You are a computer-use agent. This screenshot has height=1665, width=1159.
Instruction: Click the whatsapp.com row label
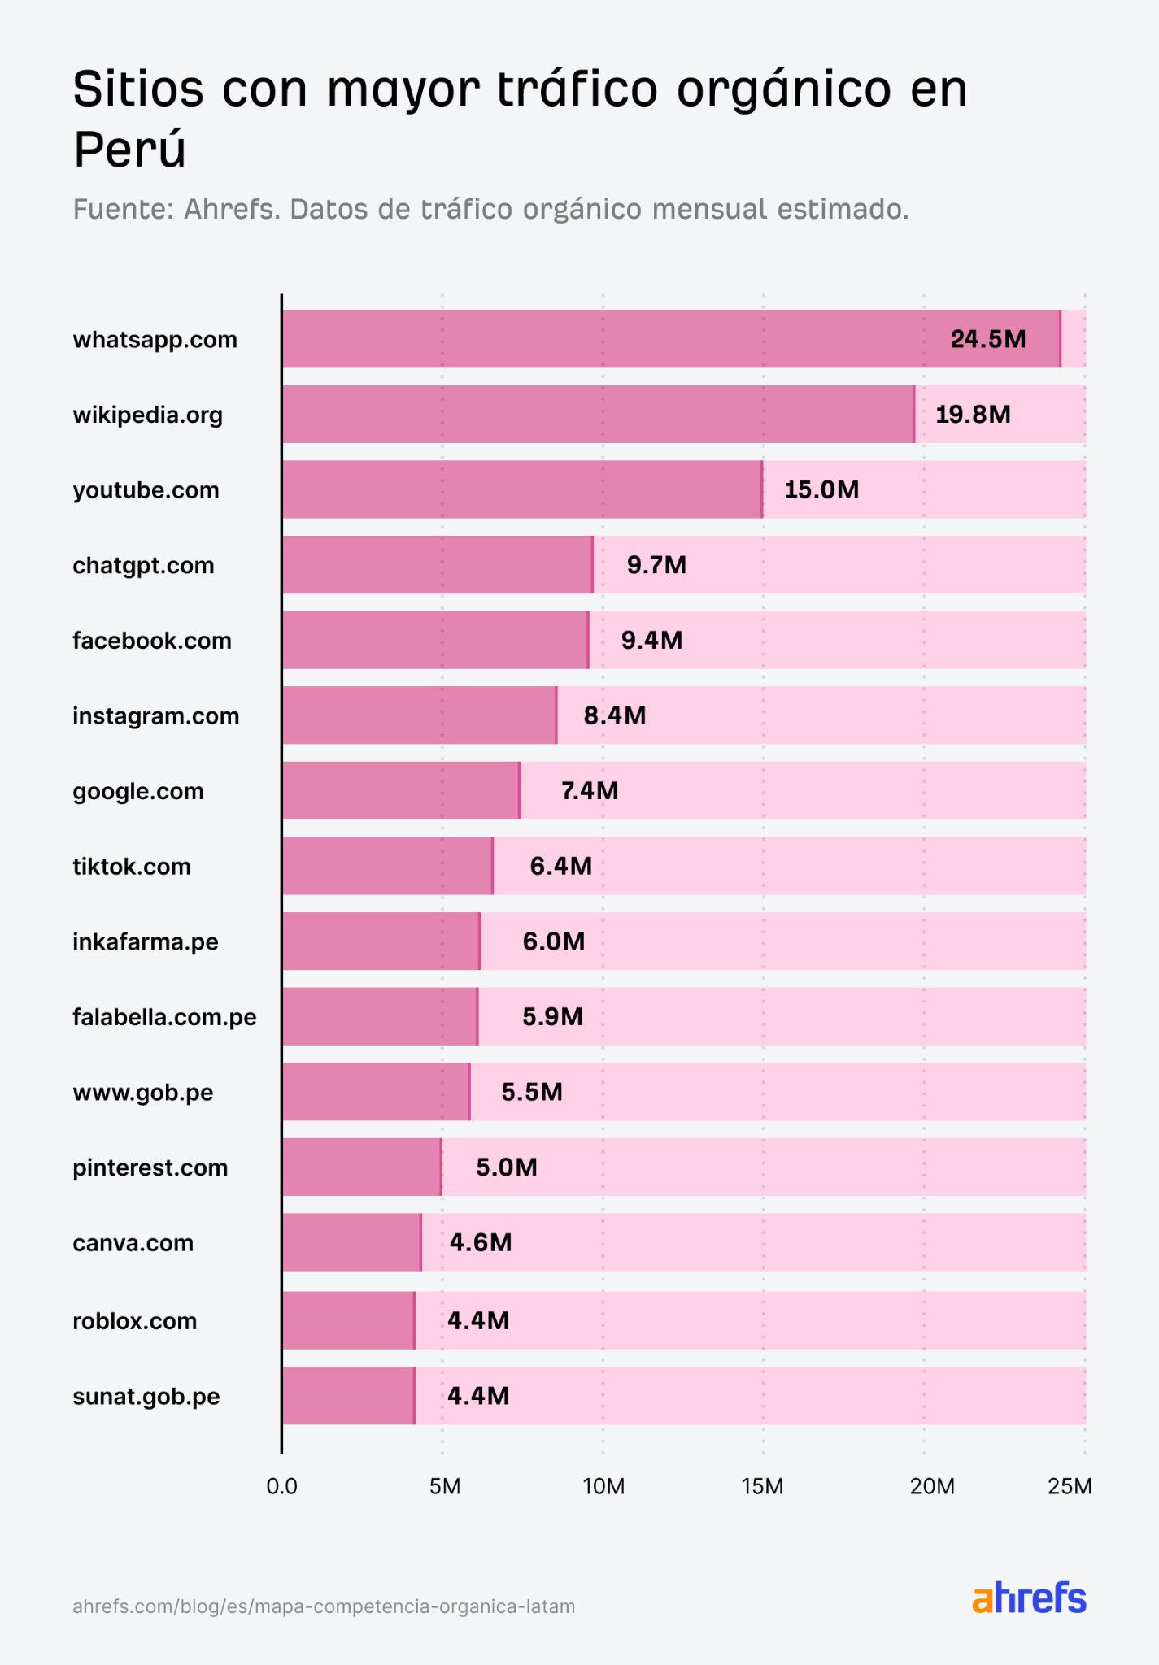coord(155,339)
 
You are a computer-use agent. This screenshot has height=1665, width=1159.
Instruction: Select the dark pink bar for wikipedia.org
coord(598,415)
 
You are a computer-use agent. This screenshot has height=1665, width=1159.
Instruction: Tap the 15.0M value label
coord(821,489)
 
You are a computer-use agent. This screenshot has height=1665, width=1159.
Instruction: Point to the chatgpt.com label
coord(143,565)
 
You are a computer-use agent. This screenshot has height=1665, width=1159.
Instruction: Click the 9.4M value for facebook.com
coord(651,640)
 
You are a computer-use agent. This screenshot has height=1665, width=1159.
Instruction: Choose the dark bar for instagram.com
coord(419,715)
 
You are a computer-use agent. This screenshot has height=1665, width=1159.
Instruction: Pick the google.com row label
coord(138,791)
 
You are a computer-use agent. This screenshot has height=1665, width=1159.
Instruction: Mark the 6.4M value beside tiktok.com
coord(560,866)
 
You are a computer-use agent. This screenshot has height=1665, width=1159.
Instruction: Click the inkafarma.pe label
coord(146,941)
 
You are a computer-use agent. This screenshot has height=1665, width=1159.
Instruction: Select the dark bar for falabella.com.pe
coord(379,1016)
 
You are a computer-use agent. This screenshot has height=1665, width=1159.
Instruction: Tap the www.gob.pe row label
coord(143,1092)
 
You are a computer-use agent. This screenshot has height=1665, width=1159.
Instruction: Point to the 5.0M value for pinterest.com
coord(506,1167)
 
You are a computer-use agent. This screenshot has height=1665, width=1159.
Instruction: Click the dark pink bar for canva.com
coord(351,1242)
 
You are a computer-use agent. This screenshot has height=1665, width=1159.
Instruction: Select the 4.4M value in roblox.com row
coord(478,1320)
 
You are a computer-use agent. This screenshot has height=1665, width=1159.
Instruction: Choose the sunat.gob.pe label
coord(146,1397)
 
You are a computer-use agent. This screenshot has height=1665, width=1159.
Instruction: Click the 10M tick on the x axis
coord(603,1487)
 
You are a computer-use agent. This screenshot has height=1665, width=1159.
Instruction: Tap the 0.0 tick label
coord(281,1487)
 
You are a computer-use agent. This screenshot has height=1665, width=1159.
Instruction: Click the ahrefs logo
coord(1029,1598)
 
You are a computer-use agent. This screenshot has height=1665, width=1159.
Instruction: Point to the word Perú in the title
coord(130,149)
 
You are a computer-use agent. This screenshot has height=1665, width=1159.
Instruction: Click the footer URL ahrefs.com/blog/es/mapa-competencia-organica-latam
coord(324,1606)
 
